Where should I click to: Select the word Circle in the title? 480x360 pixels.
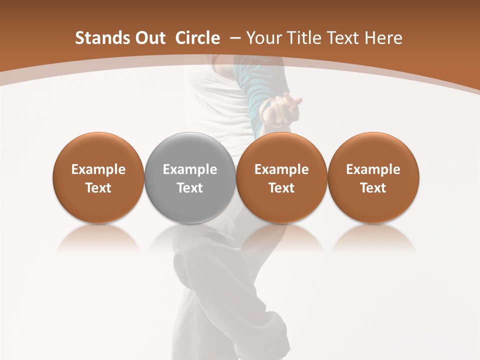(197, 38)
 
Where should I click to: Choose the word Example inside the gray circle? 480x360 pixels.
(189, 169)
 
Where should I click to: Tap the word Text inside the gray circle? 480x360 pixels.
(189, 188)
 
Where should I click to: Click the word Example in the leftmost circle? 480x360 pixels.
(98, 169)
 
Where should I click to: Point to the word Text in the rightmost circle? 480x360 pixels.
(373, 188)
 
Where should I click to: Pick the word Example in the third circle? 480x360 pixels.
(281, 169)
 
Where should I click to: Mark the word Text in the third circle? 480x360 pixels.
(281, 188)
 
